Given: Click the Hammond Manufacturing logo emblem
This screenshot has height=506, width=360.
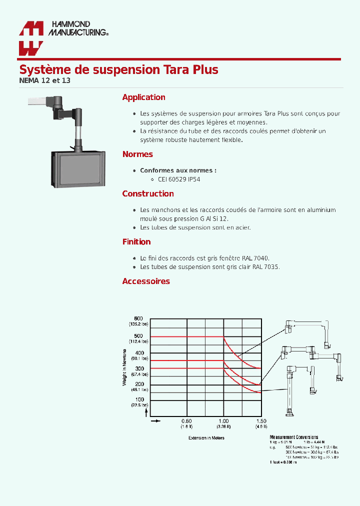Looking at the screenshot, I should pyautogui.click(x=31, y=38).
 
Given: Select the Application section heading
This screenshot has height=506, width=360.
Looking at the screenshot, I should pyautogui.click(x=143, y=97).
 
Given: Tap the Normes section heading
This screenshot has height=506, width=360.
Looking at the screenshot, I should pyautogui.click(x=137, y=154).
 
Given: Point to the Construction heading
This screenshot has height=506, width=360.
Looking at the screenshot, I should pyautogui.click(x=148, y=194).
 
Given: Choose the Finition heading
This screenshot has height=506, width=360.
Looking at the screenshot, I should pyautogui.click(x=136, y=242).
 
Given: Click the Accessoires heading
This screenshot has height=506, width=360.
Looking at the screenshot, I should pyautogui.click(x=146, y=281).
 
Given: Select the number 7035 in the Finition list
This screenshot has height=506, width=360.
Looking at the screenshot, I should pyautogui.click(x=272, y=267).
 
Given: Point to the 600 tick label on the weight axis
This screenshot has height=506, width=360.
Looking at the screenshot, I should pyautogui.click(x=138, y=319).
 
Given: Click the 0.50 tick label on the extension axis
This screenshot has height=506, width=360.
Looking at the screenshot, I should pyautogui.click(x=186, y=421).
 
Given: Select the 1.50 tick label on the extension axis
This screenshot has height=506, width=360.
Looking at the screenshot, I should pyautogui.click(x=261, y=421).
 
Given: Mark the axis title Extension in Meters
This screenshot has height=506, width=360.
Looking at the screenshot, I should pyautogui.click(x=206, y=438).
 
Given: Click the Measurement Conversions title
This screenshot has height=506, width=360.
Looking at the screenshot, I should pyautogui.click(x=293, y=437).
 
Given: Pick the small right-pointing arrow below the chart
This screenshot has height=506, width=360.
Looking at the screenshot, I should pyautogui.click(x=155, y=421).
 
